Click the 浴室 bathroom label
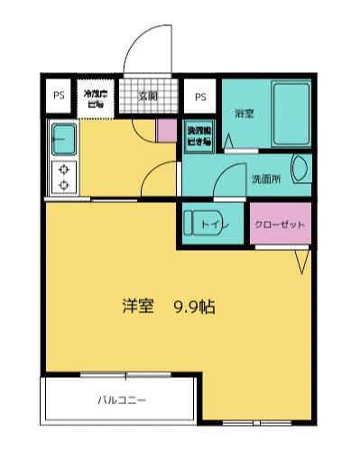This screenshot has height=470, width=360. point(243,114)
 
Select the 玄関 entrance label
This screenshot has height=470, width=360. point(148,95)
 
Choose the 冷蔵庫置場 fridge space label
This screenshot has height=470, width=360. point(95,98)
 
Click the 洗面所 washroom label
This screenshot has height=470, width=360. point(265,179)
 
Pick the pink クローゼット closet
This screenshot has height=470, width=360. point(280,224)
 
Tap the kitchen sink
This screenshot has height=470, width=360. point(63,139)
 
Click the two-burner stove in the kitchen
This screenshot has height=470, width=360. point(64,176)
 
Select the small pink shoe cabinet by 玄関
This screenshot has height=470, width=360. point(167,130)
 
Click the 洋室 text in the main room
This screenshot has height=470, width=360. point(137,306)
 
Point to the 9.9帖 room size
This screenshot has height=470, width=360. point(194,306)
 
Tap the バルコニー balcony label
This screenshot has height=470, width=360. point(120,399)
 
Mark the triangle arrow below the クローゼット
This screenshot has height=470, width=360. point(302,261)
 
